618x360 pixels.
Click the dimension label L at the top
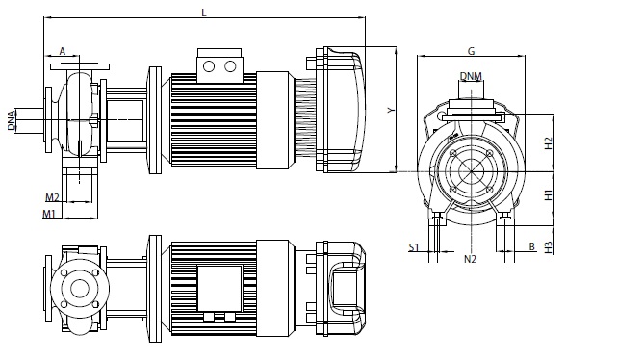(x=204, y=13)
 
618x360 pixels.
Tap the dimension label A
(x=63, y=51)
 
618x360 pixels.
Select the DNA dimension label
(x=12, y=120)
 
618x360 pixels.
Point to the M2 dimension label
(x=52, y=197)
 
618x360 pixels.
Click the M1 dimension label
(x=49, y=214)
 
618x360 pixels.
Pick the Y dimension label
(x=391, y=110)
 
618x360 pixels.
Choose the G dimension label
(x=471, y=51)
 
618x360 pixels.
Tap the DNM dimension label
(x=471, y=76)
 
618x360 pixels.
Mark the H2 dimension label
(x=548, y=143)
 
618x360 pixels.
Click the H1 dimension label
(x=548, y=194)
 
